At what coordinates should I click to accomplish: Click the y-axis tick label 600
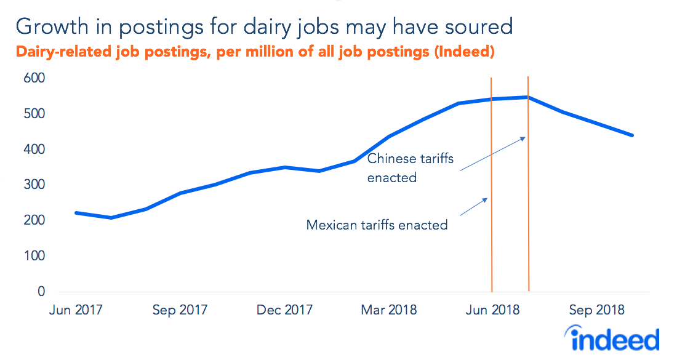pos(34,79)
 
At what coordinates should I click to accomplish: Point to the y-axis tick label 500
pos(34,114)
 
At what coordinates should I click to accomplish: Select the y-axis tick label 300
pos(34,185)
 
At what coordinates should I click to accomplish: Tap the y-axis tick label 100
pos(34,256)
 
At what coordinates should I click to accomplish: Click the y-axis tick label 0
pos(41,292)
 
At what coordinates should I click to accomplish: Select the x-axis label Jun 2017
pos(76,310)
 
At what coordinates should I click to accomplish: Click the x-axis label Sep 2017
pos(180,310)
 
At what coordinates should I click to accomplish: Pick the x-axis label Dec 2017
pos(284,310)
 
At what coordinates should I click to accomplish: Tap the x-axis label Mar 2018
pos(389,310)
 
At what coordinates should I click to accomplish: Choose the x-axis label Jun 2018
pos(493,310)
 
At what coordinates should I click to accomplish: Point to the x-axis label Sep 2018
pos(597,310)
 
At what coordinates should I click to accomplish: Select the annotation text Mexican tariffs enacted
pos(377,225)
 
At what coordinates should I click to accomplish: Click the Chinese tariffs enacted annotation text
pos(410,168)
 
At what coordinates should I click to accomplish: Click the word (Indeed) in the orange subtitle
pos(464,52)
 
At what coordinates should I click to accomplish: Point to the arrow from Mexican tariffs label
pos(474,206)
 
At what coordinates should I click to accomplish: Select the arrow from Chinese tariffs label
pos(492,153)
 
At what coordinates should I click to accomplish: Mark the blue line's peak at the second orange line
pos(528,97)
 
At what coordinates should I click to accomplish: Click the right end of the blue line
pos(633,135)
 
